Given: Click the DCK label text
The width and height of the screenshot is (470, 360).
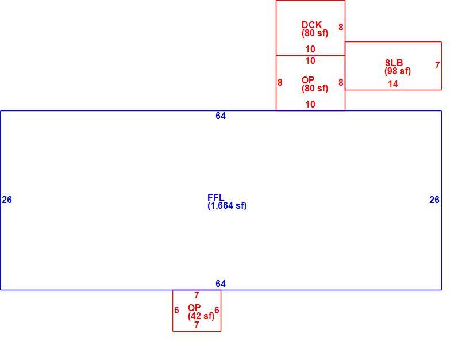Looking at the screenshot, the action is click(x=312, y=25).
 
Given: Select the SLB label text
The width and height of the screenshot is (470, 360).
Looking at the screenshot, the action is click(x=394, y=63).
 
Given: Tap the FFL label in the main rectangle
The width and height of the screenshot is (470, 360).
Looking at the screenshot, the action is click(x=216, y=197).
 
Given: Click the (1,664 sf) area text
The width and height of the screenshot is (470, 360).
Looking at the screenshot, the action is click(x=227, y=206).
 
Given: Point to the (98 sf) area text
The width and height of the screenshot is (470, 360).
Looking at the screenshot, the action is click(x=398, y=71).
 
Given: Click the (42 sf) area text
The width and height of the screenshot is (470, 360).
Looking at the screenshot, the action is click(x=201, y=316).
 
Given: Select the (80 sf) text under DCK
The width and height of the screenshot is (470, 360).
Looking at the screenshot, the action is click(x=315, y=33).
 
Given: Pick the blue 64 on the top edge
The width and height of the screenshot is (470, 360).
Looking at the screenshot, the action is click(x=221, y=116).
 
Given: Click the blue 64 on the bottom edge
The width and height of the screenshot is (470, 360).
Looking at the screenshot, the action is click(x=221, y=284).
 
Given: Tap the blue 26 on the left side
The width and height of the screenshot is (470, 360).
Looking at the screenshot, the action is click(x=7, y=200).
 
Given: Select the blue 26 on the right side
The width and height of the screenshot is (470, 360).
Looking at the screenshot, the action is click(x=434, y=200).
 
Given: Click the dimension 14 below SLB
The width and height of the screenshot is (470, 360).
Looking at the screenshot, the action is click(x=393, y=84).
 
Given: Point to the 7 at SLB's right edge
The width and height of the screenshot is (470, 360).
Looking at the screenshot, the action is click(x=437, y=65).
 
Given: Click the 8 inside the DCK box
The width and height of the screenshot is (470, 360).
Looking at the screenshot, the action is click(x=341, y=27).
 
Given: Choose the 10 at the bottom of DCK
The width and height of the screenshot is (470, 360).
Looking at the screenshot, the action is click(x=310, y=49).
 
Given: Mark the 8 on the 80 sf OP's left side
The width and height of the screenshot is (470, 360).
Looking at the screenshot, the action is click(x=280, y=82).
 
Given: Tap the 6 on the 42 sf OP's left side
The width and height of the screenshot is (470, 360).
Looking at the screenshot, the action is click(x=176, y=310).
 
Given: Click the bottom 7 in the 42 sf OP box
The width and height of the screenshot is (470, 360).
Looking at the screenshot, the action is click(x=197, y=325).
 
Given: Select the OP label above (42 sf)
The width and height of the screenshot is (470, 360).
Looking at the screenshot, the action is click(x=194, y=308).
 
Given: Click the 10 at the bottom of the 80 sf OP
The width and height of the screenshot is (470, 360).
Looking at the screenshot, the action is click(x=310, y=105).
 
